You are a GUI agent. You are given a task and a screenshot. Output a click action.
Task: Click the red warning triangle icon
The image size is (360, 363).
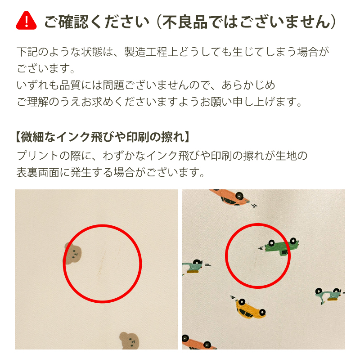pyautogui.click(x=26, y=20)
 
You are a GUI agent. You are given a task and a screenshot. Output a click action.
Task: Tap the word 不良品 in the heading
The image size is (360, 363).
pyautogui.click(x=184, y=22)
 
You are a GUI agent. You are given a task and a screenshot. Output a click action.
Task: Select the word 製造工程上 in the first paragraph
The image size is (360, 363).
pyautogui.click(x=151, y=52)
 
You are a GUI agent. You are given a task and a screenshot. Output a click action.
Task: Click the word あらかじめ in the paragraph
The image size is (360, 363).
pyautogui.click(x=248, y=85)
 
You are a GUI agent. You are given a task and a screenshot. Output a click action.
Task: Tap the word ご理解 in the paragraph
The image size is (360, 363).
pyautogui.click(x=33, y=102)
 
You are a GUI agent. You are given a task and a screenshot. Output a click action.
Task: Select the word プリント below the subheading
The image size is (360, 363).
pyautogui.click(x=37, y=156)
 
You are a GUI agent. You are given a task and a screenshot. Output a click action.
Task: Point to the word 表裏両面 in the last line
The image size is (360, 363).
pyautogui.click(x=38, y=172)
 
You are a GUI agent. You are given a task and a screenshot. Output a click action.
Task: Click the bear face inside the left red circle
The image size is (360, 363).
pyautogui.click(x=72, y=253)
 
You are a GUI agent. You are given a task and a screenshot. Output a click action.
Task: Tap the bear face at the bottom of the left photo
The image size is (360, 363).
pyautogui.click(x=129, y=341)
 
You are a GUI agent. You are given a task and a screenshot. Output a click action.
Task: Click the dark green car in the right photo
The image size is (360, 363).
pyautogui.click(x=281, y=246)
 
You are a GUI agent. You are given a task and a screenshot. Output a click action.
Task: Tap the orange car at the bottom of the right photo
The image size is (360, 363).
pyautogui.click(x=199, y=342)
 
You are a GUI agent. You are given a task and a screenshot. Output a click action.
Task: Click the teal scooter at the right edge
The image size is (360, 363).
pyautogui.click(x=328, y=295)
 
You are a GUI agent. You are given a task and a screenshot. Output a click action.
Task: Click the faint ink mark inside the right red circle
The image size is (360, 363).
pyautogui.click(x=255, y=261)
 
